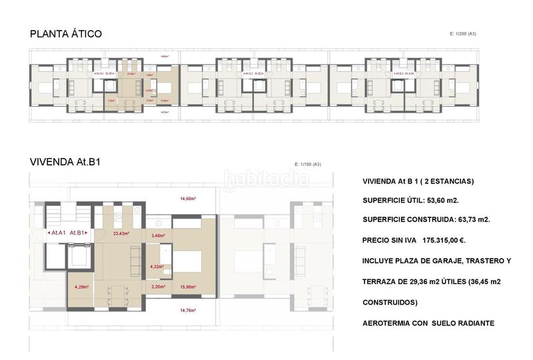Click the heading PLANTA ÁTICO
pos(65,34)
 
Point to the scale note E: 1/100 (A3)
pos(308,163)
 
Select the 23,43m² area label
pos(121,233)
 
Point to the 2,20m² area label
pos(157,287)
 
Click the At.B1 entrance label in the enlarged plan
pos(78,233)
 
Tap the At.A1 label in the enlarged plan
pos(58,233)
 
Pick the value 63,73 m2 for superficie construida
pos(467,219)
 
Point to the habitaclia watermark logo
pos(266,179)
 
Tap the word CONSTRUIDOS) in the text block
pos(390,302)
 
